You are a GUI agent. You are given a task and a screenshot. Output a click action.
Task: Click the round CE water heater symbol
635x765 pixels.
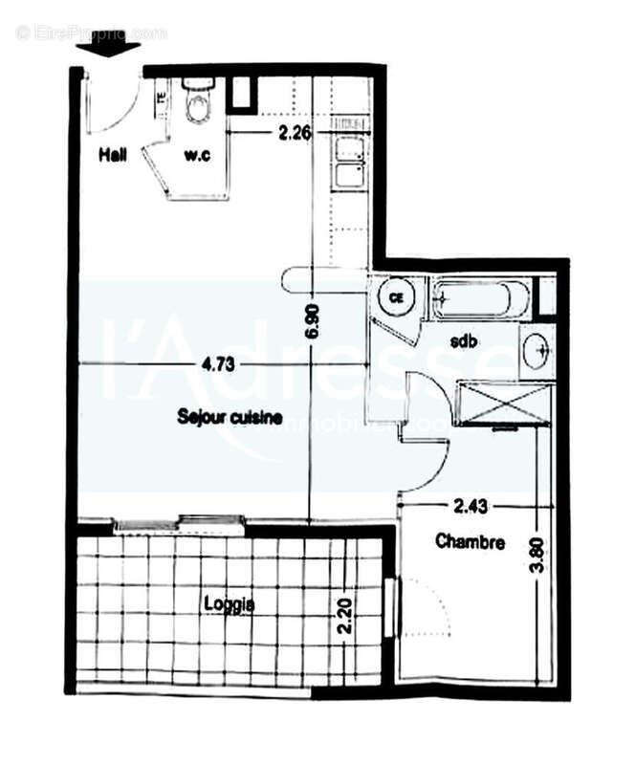coord(394,297)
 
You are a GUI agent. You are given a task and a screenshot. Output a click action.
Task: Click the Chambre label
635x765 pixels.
coord(470,542)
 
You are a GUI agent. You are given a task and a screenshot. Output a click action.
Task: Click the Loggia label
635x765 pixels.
coord(229,604)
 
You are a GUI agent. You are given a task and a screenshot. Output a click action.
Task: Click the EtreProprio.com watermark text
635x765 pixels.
coord(92,33)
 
